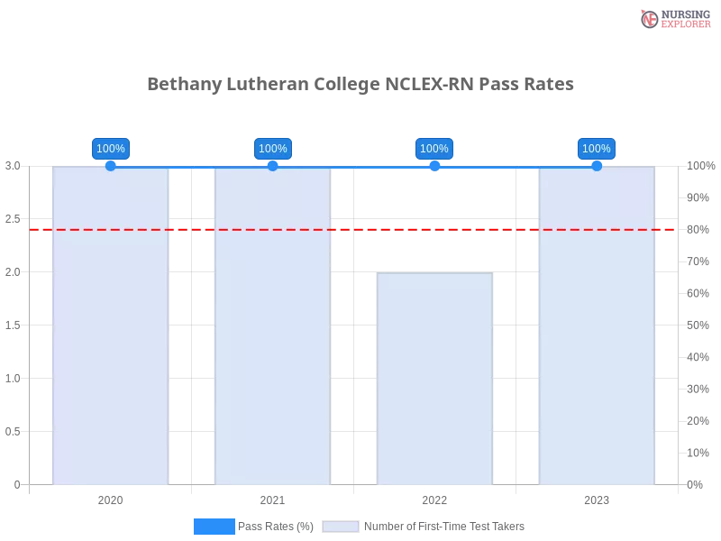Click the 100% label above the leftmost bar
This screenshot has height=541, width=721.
pos(110,149)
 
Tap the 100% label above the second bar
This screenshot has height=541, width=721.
pos(272,149)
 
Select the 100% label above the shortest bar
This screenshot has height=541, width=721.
pos(434,149)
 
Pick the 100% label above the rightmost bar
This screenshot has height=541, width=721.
pos(596,149)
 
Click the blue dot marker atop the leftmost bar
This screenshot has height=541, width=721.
pos(110,166)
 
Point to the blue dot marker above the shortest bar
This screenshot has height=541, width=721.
pos(434,166)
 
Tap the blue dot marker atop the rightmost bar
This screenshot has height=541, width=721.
pos(597,166)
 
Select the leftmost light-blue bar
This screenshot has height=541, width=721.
pos(110,343)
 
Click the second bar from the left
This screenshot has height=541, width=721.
pos(272,343)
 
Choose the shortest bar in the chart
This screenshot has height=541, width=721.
pos(435,379)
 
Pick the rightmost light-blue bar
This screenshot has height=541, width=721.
pos(596,343)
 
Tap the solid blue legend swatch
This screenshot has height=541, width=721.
pos(214,527)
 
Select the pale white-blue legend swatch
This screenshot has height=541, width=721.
pos(340,527)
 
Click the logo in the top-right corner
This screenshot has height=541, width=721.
pos(673,18)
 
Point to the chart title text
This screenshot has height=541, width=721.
pos(360,85)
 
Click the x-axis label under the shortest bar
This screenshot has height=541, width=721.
pos(433,498)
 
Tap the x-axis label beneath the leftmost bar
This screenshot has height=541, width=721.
pos(108,498)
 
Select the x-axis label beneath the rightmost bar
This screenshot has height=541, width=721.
pos(597,498)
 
